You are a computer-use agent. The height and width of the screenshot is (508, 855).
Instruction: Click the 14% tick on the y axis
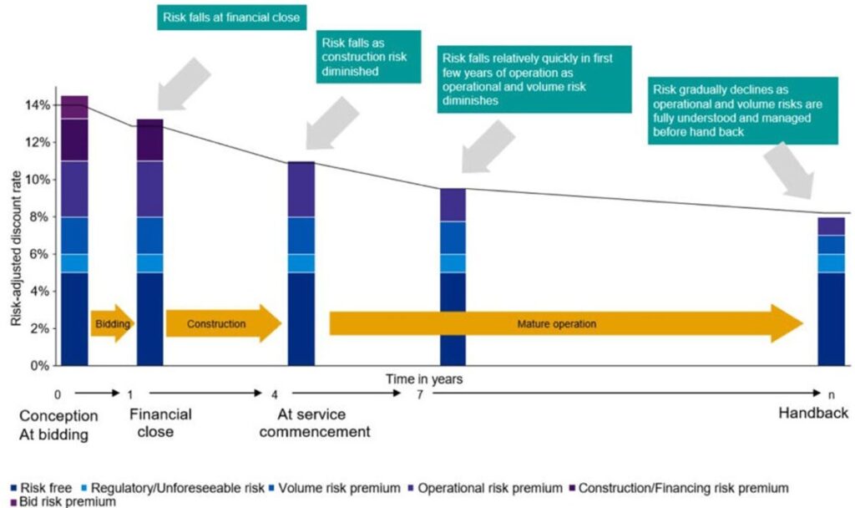38,105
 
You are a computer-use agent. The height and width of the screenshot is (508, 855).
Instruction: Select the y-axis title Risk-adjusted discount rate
16,248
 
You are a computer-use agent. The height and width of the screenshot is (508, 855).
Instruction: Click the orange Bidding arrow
113,323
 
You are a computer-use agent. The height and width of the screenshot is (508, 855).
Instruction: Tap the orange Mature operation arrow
566,323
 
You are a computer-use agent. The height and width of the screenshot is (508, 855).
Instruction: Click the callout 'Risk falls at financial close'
232,18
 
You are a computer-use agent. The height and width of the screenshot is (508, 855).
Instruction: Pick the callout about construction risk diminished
368,57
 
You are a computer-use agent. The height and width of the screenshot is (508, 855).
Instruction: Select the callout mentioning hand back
742,111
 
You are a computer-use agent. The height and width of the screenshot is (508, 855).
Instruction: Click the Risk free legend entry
41,488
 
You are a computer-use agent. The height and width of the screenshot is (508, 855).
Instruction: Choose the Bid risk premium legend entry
63,501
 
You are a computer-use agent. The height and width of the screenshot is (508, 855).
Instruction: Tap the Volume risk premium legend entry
334,488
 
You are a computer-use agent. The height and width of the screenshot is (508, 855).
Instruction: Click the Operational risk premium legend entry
485,488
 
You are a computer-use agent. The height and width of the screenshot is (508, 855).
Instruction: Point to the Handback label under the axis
813,413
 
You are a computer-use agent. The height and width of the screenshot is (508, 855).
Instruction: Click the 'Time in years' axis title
424,378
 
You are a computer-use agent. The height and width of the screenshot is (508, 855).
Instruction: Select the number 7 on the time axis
419,394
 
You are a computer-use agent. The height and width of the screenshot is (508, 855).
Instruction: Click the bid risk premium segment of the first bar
74,107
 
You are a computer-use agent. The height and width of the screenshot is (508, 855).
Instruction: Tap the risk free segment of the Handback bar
832,319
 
